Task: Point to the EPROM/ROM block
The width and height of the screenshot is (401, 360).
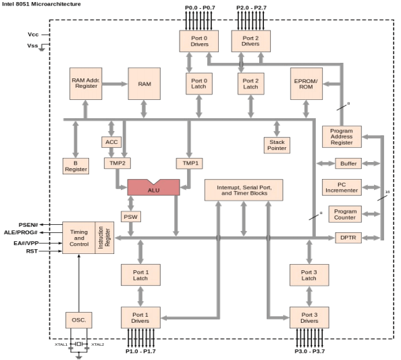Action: pyautogui.click(x=307, y=84)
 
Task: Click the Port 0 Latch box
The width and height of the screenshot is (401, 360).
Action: pyautogui.click(x=198, y=84)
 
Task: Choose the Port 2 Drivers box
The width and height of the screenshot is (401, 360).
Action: pyautogui.click(x=250, y=40)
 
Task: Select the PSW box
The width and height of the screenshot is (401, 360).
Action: pyautogui.click(x=131, y=216)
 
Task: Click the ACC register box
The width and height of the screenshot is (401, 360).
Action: pyautogui.click(x=111, y=142)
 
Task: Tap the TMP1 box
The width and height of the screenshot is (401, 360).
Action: pyautogui.click(x=189, y=163)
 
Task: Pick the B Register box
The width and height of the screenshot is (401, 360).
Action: pyautogui.click(x=76, y=166)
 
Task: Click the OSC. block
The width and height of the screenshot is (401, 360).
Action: pyautogui.click(x=78, y=319)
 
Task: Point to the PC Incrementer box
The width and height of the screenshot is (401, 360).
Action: pyautogui.click(x=341, y=187)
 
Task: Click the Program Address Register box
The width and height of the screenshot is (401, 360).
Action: pyautogui.click(x=341, y=136)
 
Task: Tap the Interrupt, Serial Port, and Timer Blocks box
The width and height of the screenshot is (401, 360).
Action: pyautogui.click(x=243, y=190)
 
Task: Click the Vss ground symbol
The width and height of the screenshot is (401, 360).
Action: pyautogui.click(x=42, y=48)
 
